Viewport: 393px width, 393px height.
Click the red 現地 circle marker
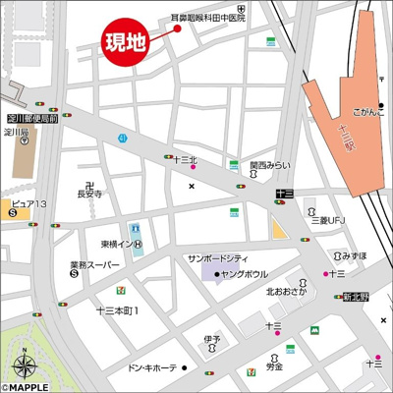127,43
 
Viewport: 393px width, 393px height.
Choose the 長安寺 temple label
89,195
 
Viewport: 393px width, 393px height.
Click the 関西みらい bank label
268,166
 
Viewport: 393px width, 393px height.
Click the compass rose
25,367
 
